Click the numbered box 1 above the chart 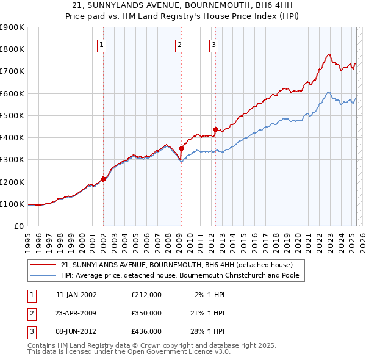pyautogui.click(x=102, y=44)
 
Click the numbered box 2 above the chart pyautogui.click(x=180, y=44)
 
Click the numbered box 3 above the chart pyautogui.click(x=214, y=44)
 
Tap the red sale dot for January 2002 pyautogui.click(x=103, y=179)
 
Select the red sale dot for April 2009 pyautogui.click(x=181, y=148)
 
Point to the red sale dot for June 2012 pyautogui.click(x=215, y=129)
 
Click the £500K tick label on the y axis pyautogui.click(x=12, y=115)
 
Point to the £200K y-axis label pyautogui.click(x=12, y=182)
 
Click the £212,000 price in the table pyautogui.click(x=146, y=295)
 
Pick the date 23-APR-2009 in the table pyautogui.click(x=76, y=312)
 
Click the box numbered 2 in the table pyautogui.click(x=30, y=312)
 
